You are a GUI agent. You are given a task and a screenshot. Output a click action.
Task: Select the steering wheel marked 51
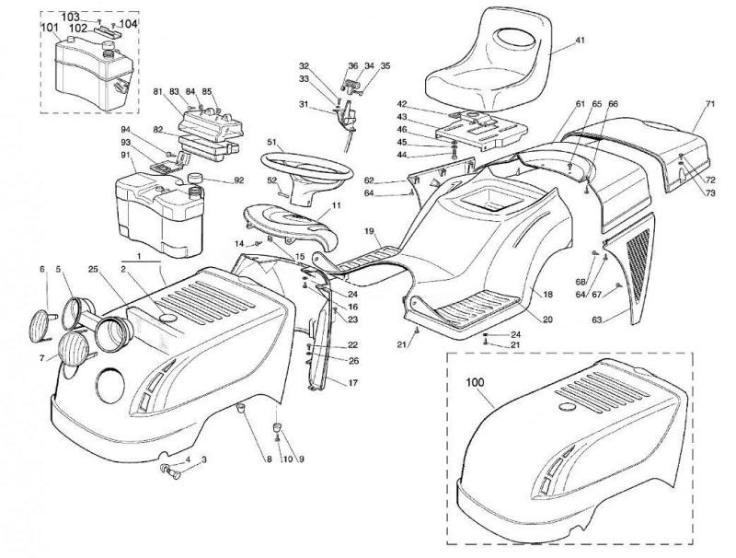click(306, 170)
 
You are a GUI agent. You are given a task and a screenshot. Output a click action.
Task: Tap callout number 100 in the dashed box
click(475, 382)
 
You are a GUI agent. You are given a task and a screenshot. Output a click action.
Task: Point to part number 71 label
click(709, 104)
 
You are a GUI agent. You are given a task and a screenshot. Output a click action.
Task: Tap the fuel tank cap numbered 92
click(194, 179)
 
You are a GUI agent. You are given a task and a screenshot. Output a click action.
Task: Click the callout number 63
click(596, 320)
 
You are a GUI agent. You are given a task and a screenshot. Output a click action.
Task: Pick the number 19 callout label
click(369, 231)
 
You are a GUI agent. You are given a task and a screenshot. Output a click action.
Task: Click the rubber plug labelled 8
click(241, 407)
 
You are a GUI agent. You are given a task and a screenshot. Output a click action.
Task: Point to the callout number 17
click(353, 383)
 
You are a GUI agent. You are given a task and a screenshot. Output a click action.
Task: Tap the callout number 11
click(337, 205)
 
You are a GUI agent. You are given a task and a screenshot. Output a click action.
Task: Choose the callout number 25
click(94, 269)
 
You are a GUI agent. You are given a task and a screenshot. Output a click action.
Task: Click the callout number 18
click(547, 295)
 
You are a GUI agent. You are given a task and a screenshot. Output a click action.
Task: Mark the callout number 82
click(157, 129)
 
